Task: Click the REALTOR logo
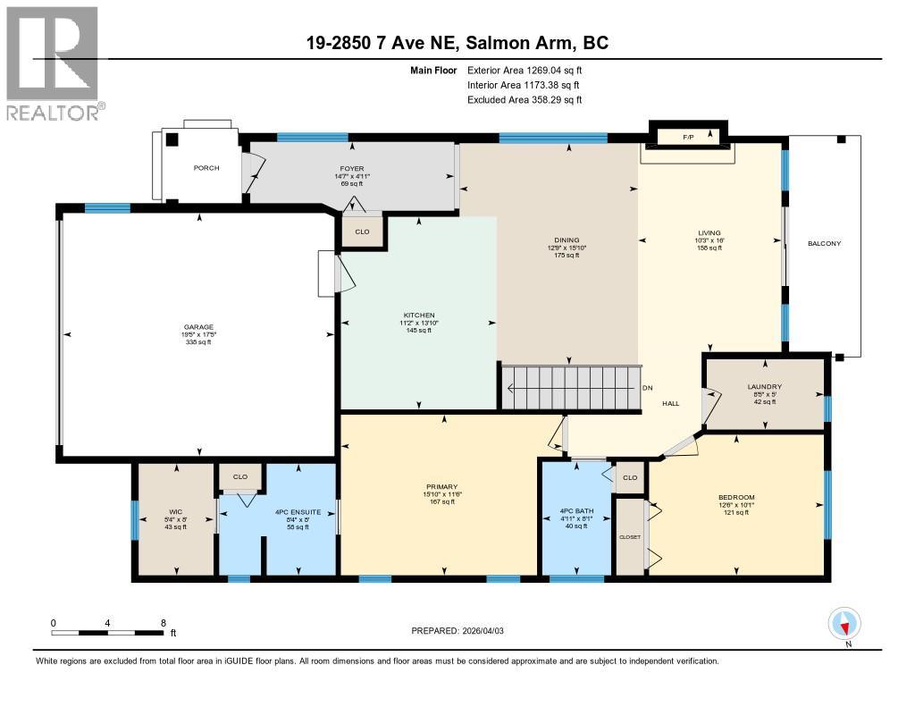54,63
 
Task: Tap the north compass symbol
844,623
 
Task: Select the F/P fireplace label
688,138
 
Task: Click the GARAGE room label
198,327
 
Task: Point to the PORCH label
206,168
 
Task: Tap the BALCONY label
824,243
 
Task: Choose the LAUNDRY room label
764,386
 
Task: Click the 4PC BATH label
572,511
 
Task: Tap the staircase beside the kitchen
572,388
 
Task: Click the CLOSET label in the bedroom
630,537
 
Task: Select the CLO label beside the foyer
362,231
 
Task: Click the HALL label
670,403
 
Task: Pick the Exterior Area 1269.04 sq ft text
525,70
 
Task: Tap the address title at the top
457,43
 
